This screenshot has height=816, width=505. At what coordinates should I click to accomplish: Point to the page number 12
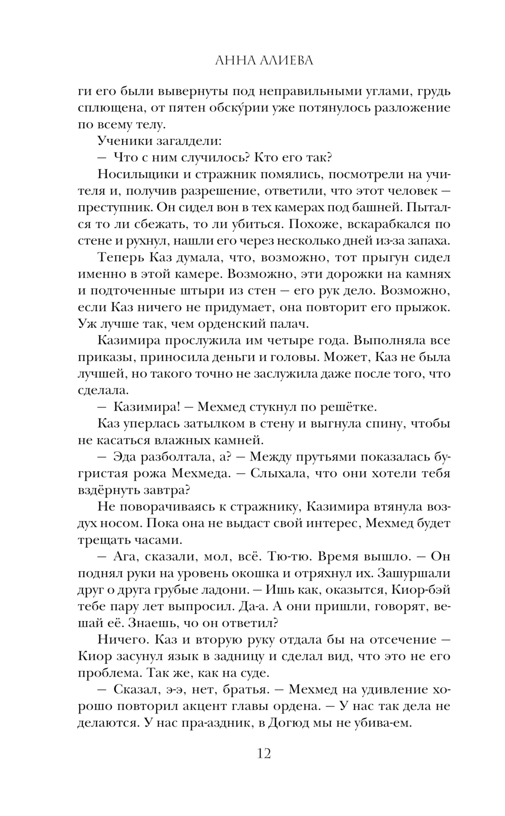(x=264, y=753)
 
